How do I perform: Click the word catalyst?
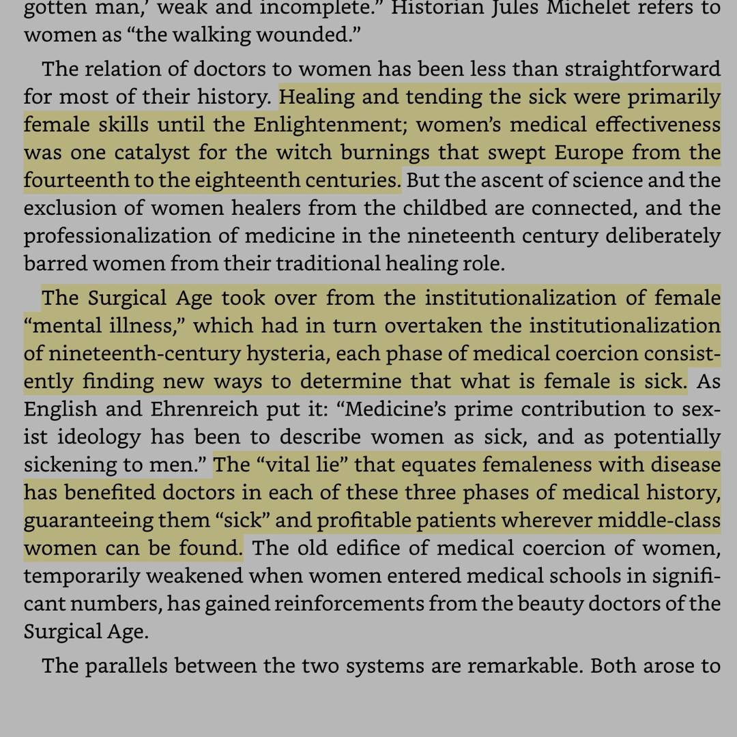point(152,152)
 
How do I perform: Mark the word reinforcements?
point(350,604)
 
